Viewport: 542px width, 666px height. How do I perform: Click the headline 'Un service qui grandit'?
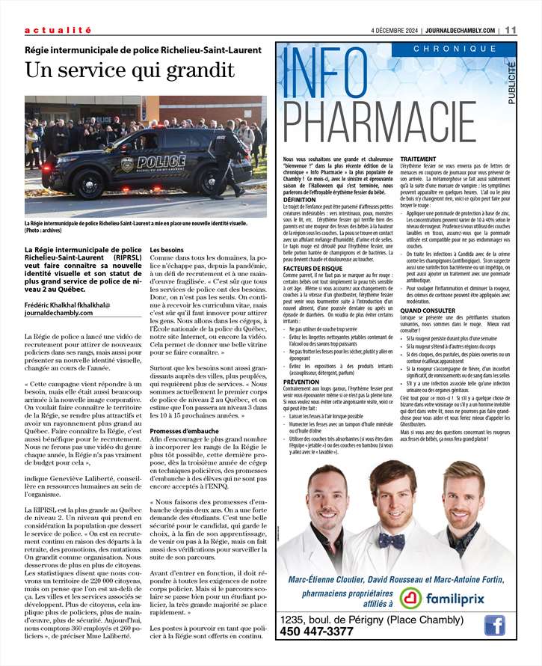(x=129, y=70)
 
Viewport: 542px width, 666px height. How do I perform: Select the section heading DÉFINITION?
(x=300, y=200)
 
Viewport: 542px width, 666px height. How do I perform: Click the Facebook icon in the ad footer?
(x=494, y=625)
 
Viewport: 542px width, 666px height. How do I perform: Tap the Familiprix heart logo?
(x=410, y=597)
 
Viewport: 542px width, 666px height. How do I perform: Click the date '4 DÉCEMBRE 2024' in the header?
(x=395, y=31)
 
